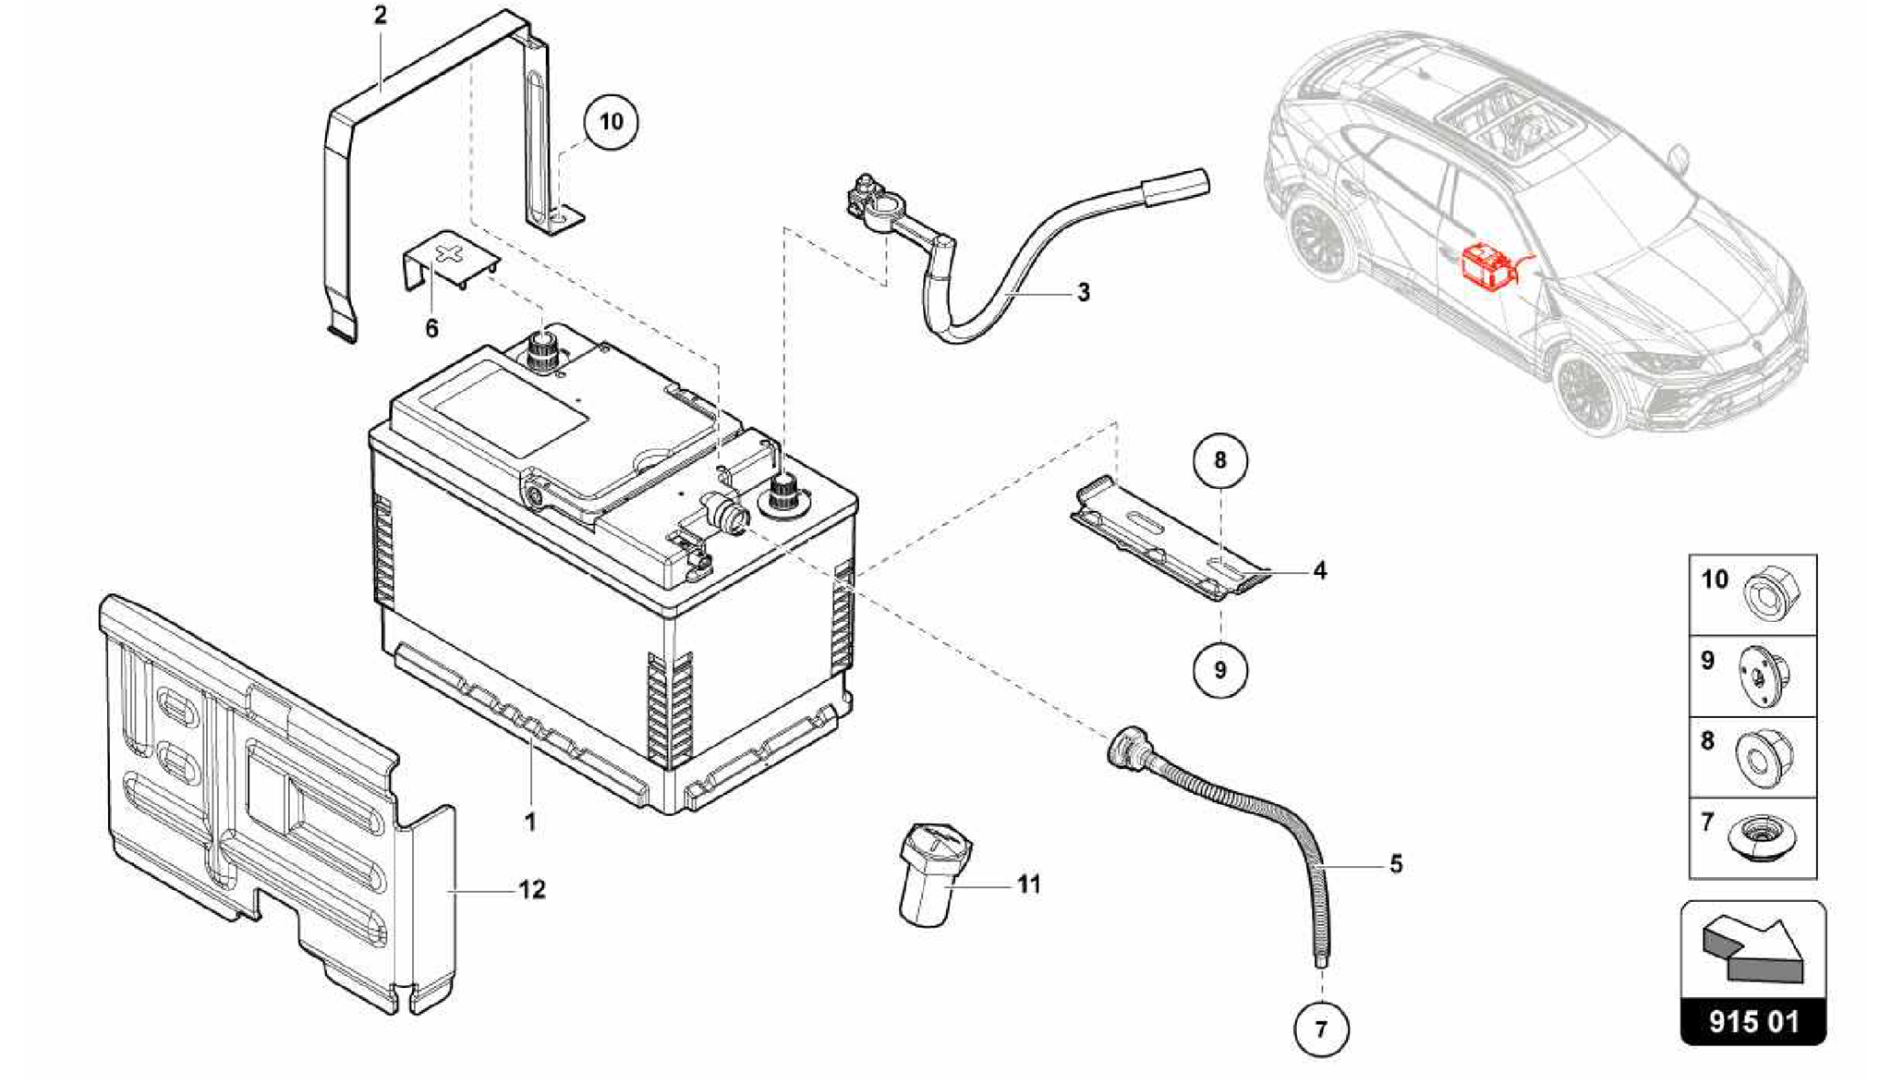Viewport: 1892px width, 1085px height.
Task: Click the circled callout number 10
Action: (611, 122)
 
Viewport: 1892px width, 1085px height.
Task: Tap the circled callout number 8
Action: (1219, 459)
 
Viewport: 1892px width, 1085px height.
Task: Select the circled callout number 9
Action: (1219, 669)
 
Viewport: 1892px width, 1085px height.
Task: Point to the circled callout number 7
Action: (1320, 1029)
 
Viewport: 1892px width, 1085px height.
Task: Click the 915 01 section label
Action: (1753, 1021)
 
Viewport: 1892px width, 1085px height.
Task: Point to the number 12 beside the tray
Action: (532, 890)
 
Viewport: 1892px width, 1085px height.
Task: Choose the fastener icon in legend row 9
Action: (1764, 678)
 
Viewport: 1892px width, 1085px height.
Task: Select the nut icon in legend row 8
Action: (1764, 759)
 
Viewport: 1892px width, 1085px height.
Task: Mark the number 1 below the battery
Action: (530, 822)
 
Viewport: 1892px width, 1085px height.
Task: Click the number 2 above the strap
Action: (381, 16)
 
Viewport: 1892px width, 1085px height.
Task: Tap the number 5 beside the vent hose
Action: (1395, 864)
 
